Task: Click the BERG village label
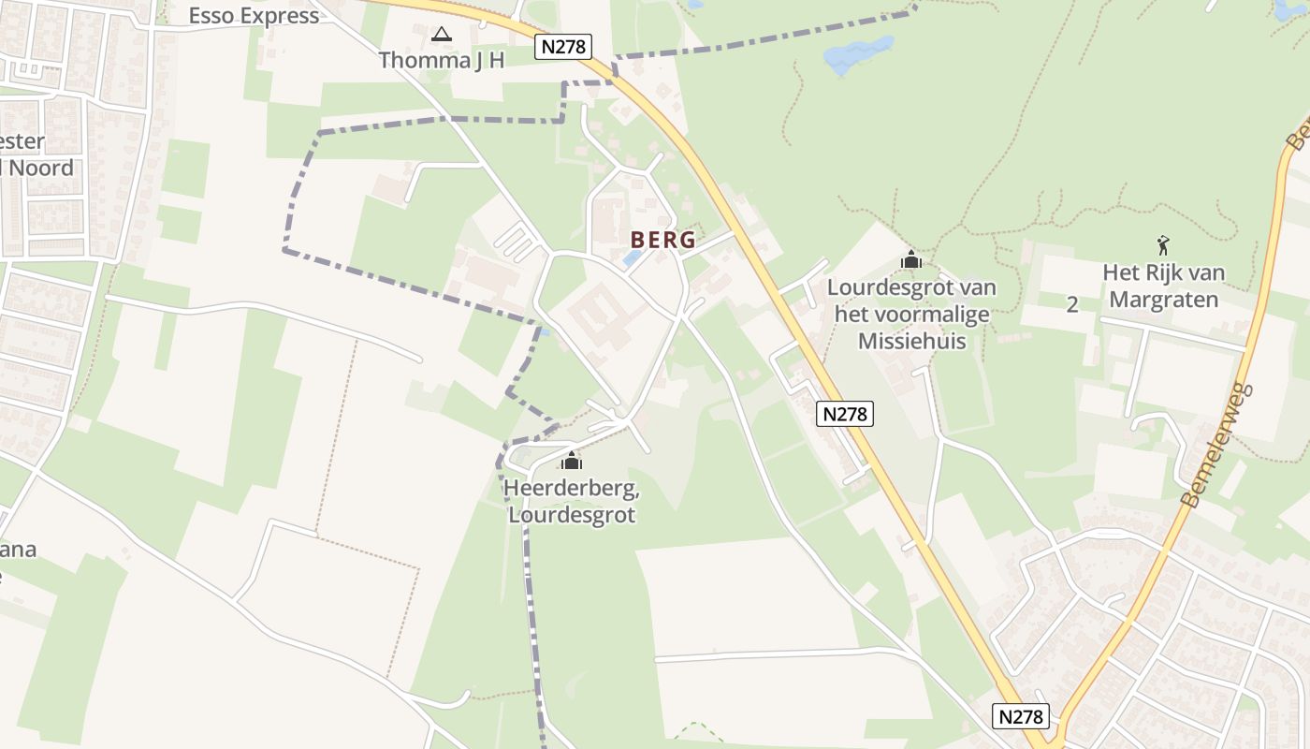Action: pos(662,240)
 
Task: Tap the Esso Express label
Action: pos(254,16)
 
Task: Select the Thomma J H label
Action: pos(442,61)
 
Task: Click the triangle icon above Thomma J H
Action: pos(442,35)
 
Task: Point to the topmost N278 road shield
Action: pos(563,47)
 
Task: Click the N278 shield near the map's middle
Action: pos(844,414)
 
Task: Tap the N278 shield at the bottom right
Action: pos(1021,717)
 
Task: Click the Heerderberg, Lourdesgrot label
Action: pos(571,502)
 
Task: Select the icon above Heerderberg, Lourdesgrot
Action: pos(571,461)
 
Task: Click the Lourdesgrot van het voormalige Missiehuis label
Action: pos(911,314)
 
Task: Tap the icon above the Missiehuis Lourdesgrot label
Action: pos(911,259)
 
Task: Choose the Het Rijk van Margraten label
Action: pos(1163,286)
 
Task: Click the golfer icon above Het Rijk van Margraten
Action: pos(1163,246)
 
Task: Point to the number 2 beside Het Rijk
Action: pos(1072,304)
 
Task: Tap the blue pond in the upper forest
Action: pos(858,53)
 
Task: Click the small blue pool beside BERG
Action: pos(633,257)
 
